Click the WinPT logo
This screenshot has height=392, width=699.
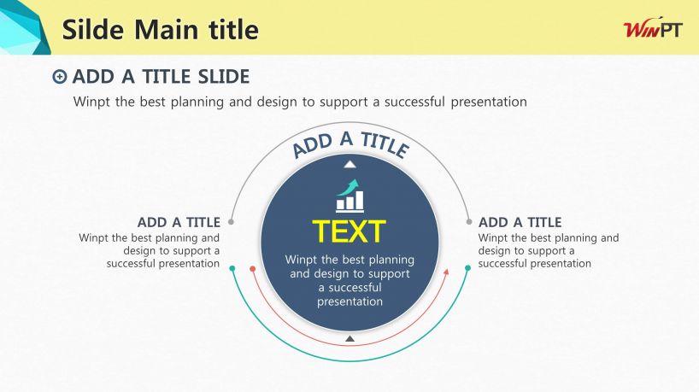(653, 29)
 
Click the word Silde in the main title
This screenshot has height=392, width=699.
(93, 29)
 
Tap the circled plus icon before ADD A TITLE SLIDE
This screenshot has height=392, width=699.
(59, 77)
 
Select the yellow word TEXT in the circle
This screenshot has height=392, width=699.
(349, 231)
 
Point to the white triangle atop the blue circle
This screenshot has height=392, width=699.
(350, 164)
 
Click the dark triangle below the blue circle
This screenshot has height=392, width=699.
(350, 339)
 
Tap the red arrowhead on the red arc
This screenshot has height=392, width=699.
(446, 272)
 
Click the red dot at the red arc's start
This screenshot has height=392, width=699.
(253, 269)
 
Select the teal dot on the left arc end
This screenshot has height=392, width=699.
(232, 268)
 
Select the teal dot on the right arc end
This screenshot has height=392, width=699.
(467, 267)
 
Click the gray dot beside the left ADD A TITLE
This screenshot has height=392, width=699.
(231, 221)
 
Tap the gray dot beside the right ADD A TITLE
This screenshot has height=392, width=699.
(469, 221)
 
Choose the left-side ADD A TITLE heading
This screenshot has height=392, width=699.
(179, 222)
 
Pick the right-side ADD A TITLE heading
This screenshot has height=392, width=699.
(520, 222)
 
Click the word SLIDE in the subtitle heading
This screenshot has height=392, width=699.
(224, 77)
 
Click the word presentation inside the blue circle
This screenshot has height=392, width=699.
(350, 302)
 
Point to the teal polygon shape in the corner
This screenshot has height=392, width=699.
(23, 27)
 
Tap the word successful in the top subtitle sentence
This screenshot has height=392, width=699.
(414, 102)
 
